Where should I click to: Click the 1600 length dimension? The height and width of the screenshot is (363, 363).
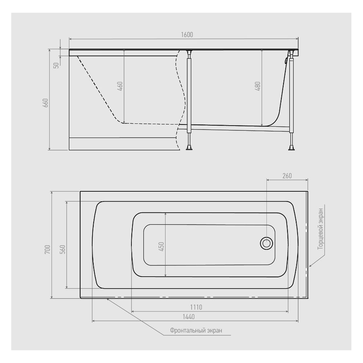click(x=187, y=35)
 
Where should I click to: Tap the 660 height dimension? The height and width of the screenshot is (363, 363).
click(x=46, y=103)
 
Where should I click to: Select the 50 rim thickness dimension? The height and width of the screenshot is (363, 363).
click(x=56, y=65)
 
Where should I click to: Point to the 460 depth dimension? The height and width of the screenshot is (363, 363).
click(x=120, y=86)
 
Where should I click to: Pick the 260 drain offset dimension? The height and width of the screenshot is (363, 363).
click(x=287, y=176)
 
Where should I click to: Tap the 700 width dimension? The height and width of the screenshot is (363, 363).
click(x=48, y=249)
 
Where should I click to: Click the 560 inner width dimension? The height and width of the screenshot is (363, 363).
click(x=63, y=249)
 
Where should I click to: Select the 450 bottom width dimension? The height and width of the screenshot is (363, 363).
click(x=162, y=246)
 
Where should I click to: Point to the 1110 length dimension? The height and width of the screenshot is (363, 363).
click(x=196, y=307)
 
